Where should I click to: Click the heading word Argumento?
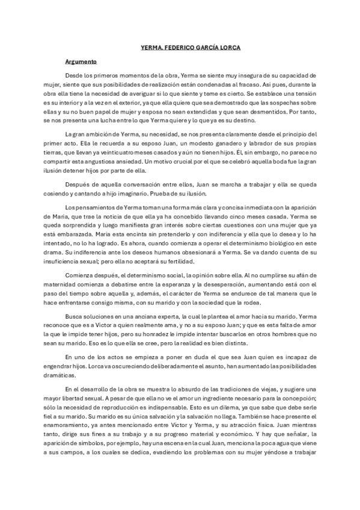(x=81, y=61)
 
